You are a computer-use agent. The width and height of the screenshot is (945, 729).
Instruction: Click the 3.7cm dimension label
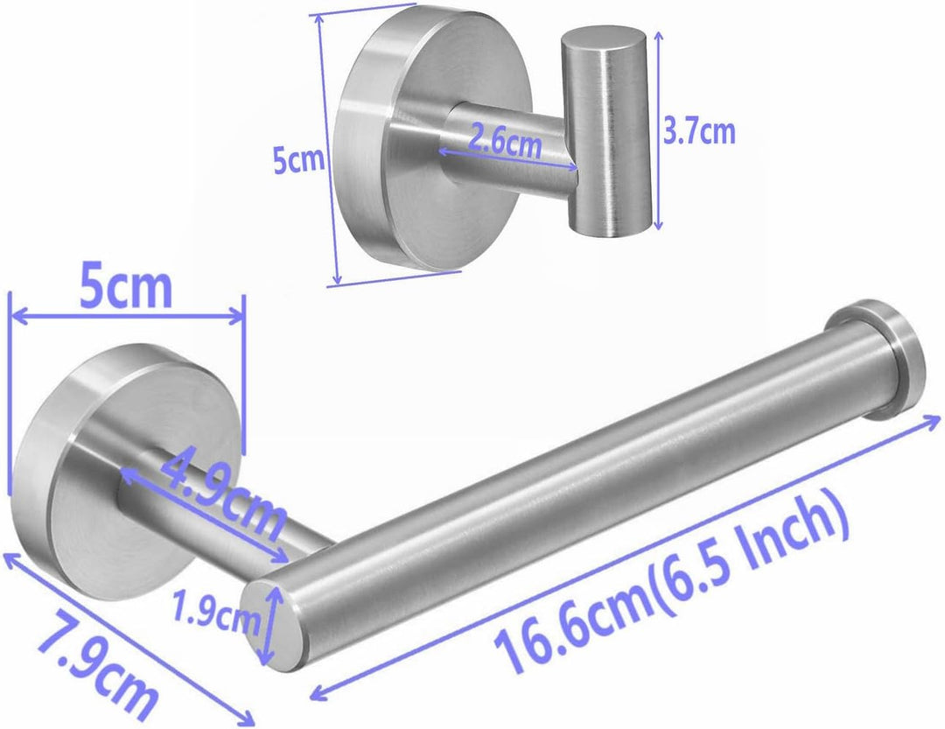(x=699, y=131)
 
